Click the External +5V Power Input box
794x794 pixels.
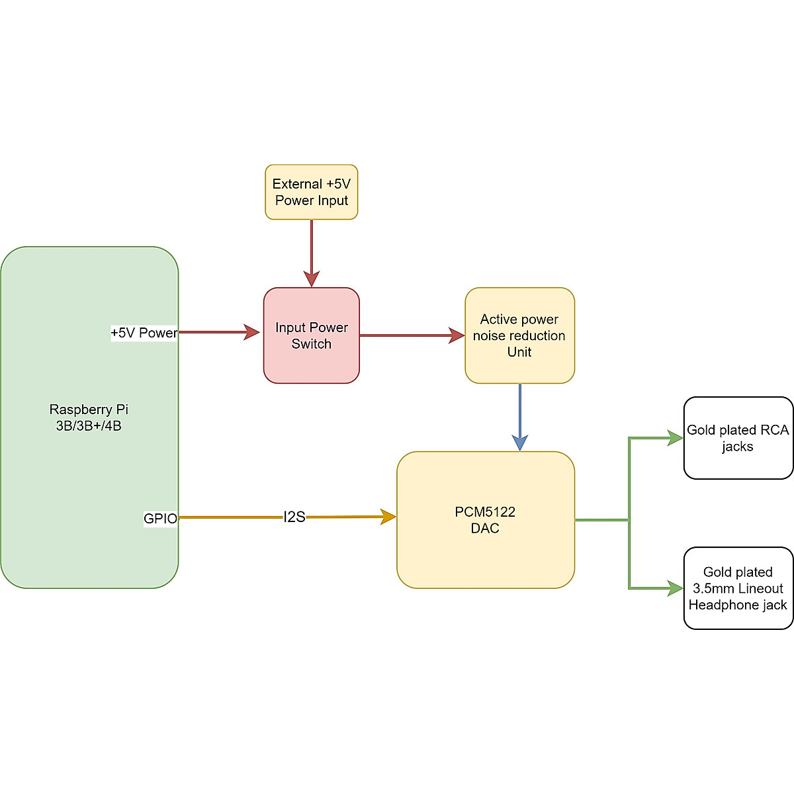(x=311, y=192)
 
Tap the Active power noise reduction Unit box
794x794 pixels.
(x=519, y=335)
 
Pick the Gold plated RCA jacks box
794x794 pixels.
(x=738, y=438)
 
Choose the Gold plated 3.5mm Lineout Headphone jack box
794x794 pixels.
(x=738, y=588)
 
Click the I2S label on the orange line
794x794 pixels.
(x=294, y=517)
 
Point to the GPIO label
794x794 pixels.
(x=160, y=519)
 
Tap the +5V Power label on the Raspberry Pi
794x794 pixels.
(x=144, y=333)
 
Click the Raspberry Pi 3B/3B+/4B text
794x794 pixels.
(x=89, y=418)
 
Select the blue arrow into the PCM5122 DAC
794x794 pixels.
(x=520, y=417)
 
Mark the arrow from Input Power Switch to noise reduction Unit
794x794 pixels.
(x=410, y=335)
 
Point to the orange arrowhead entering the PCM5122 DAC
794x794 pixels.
(x=388, y=517)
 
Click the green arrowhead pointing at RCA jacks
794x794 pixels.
(x=676, y=438)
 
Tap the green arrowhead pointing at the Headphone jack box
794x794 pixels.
(x=676, y=588)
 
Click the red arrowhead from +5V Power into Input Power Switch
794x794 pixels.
(x=252, y=332)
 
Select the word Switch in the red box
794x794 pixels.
(x=311, y=344)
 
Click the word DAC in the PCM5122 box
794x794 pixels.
(x=485, y=529)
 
